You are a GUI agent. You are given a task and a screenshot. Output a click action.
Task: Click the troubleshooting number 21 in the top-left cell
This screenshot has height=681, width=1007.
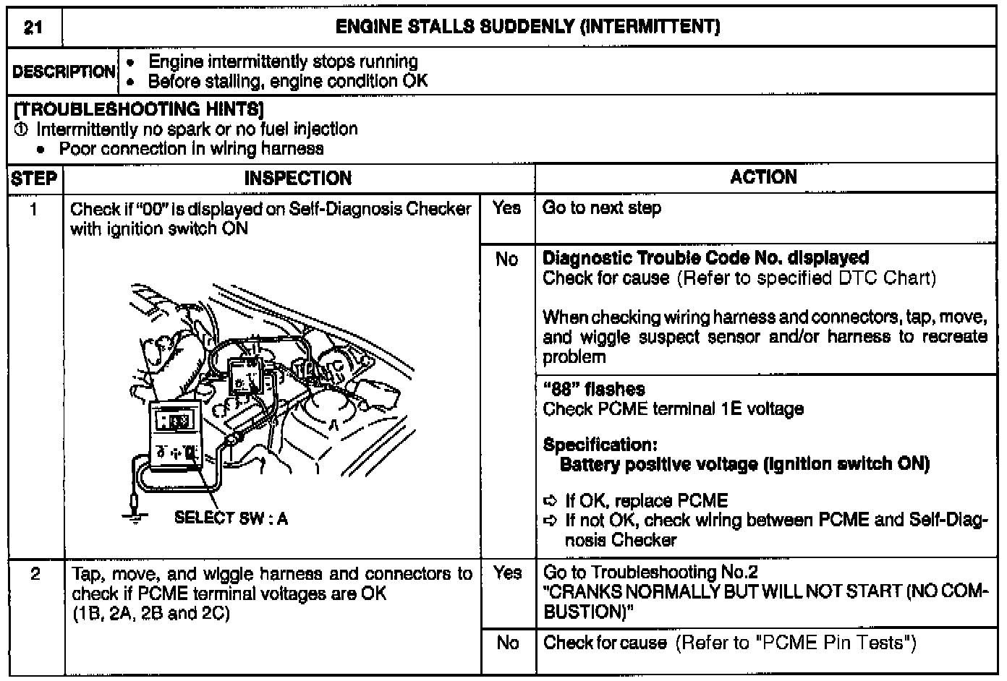[33, 28]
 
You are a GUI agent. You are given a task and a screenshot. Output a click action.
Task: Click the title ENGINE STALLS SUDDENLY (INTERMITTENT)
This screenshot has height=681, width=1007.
[528, 28]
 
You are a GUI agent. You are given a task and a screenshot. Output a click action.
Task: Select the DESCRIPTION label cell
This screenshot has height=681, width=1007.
[64, 72]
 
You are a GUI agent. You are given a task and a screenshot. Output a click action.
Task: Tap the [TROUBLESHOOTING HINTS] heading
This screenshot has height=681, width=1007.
[138, 109]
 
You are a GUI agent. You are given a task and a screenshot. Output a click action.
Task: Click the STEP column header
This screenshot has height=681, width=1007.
[34, 179]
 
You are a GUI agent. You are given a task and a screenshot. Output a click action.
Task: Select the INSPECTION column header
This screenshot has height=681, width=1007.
[298, 179]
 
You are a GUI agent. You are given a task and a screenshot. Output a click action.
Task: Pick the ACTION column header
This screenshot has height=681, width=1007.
[763, 178]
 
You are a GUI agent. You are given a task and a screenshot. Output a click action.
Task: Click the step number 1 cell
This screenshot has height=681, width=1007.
[34, 209]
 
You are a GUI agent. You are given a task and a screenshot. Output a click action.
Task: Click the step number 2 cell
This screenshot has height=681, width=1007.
[35, 574]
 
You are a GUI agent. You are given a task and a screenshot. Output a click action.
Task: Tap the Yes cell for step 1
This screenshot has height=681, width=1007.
[507, 208]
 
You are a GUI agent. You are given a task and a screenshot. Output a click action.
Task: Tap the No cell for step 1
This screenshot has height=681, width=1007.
[507, 259]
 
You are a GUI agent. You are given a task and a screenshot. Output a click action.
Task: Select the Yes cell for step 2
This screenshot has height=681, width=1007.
[507, 573]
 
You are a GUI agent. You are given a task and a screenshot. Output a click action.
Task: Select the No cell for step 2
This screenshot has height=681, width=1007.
[507, 642]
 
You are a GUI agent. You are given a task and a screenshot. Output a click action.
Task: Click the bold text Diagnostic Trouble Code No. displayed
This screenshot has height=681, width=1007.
[705, 258]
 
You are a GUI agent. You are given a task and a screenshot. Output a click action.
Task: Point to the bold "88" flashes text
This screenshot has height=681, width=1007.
[593, 389]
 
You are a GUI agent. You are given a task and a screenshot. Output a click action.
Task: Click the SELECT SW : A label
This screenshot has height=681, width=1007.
[231, 518]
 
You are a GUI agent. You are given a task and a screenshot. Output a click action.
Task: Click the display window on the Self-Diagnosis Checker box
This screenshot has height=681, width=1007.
[176, 420]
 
